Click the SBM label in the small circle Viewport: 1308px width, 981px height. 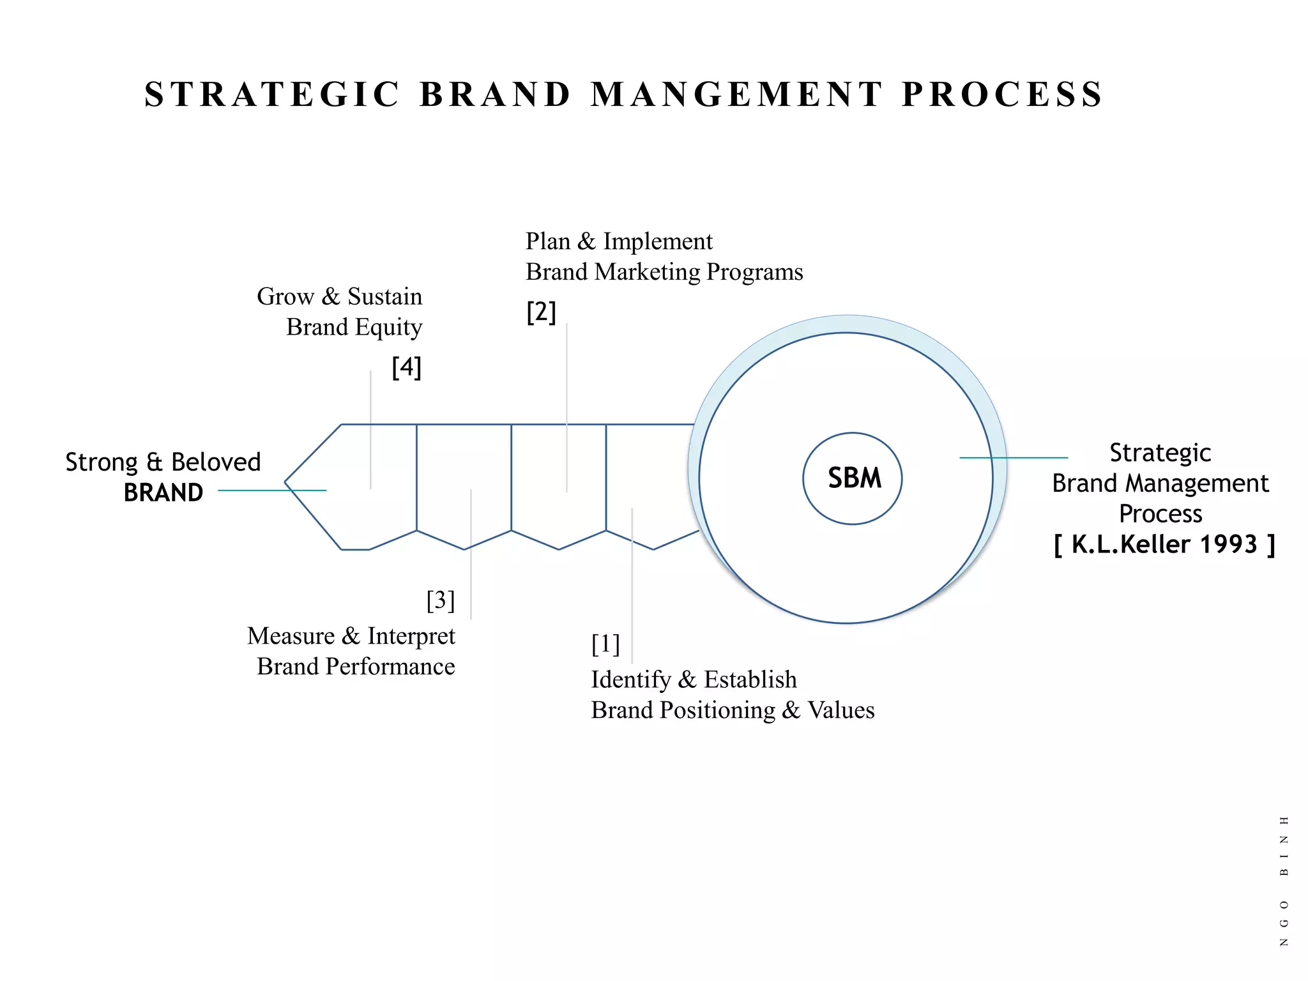click(x=854, y=478)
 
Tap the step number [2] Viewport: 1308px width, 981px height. click(x=541, y=312)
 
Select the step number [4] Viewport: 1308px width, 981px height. click(x=406, y=367)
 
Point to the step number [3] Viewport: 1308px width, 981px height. click(x=441, y=600)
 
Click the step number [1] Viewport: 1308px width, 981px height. click(x=605, y=644)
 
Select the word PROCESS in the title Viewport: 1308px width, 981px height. click(x=1002, y=95)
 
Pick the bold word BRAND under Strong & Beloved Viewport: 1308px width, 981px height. click(x=163, y=493)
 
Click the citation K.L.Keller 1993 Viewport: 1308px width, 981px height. click(x=1164, y=545)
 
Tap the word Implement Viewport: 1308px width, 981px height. click(x=657, y=241)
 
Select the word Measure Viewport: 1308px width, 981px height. click(x=291, y=636)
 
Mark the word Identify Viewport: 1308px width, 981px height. click(x=630, y=680)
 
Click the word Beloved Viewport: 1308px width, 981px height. click(x=216, y=462)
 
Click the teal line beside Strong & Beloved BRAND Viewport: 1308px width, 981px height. click(x=272, y=490)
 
